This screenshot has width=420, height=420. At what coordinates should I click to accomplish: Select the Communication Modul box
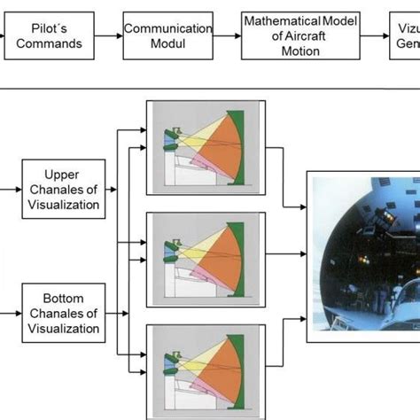[x=168, y=35]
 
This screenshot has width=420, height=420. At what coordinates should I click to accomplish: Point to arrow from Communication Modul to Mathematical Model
[x=227, y=35]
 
